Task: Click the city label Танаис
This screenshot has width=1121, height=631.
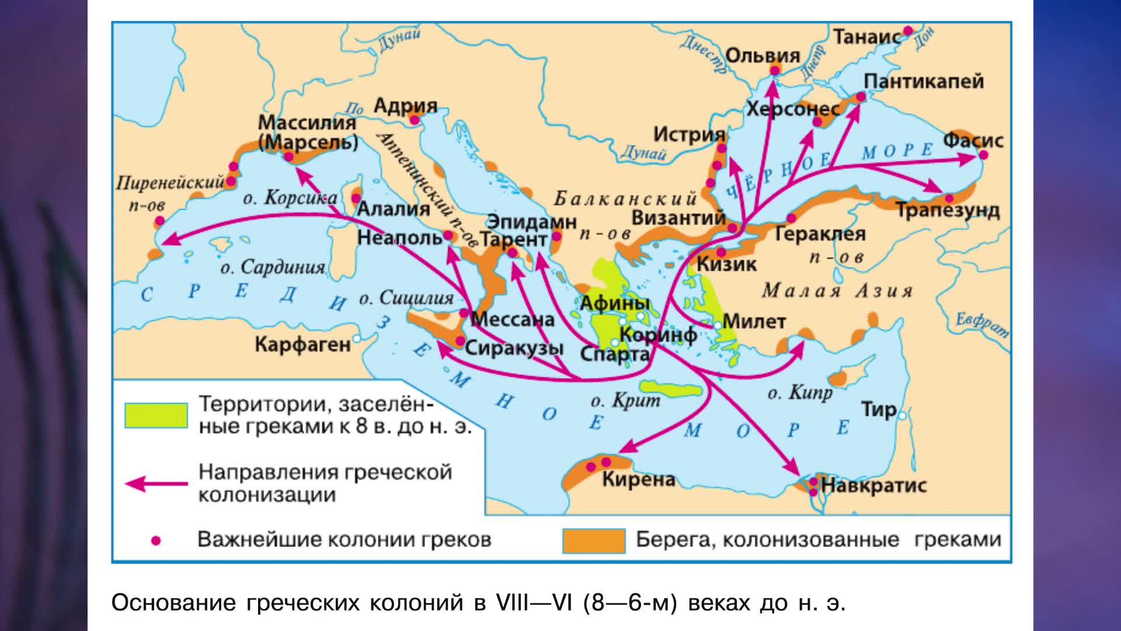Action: point(866,37)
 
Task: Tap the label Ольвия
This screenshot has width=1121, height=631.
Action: point(763,56)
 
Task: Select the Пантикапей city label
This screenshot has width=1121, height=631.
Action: point(924,81)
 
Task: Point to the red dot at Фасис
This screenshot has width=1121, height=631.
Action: point(983,155)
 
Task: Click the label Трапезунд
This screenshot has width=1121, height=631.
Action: point(948,210)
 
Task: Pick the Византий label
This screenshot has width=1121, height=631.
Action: point(678,218)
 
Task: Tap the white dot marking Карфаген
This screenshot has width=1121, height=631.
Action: point(357,338)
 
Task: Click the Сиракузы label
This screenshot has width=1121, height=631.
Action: point(514,348)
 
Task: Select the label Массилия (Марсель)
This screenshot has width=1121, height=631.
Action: point(308,133)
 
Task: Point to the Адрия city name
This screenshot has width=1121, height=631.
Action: point(405,106)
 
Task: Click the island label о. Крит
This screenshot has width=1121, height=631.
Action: point(625,401)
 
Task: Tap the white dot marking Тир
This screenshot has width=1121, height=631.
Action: point(903,415)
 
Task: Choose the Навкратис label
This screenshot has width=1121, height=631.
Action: point(873,485)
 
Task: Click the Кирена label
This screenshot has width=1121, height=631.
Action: point(638,480)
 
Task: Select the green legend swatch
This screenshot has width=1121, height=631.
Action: point(156,415)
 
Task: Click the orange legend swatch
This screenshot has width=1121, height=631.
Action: point(593,540)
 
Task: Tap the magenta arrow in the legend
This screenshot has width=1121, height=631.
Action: point(156,484)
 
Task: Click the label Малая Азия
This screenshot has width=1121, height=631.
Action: point(837,290)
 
